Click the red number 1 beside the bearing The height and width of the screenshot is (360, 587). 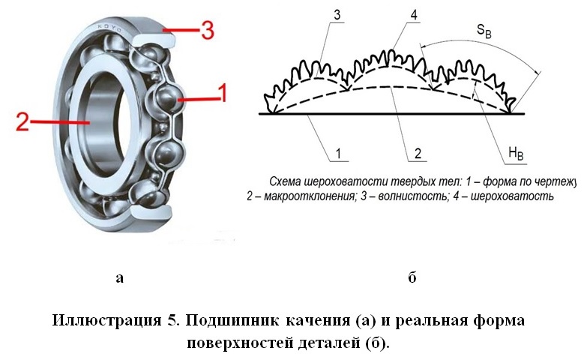223,93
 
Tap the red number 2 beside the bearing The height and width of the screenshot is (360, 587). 22,121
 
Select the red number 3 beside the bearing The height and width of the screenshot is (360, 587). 208,30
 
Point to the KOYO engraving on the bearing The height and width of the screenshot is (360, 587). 109,28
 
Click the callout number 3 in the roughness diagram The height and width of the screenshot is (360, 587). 337,15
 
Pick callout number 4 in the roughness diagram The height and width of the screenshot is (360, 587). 413,15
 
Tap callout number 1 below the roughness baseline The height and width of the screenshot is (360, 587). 338,154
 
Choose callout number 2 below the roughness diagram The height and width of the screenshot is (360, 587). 418,154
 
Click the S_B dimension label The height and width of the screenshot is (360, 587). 484,31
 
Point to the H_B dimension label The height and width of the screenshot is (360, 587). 516,153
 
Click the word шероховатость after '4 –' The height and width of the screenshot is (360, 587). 512,196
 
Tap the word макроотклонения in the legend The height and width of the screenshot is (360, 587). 310,196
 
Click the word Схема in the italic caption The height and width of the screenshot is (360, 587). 285,182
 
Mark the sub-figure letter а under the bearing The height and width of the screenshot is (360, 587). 120,278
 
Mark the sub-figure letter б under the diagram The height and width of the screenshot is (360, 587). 412,277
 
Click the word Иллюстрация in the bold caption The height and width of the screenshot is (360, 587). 106,321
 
